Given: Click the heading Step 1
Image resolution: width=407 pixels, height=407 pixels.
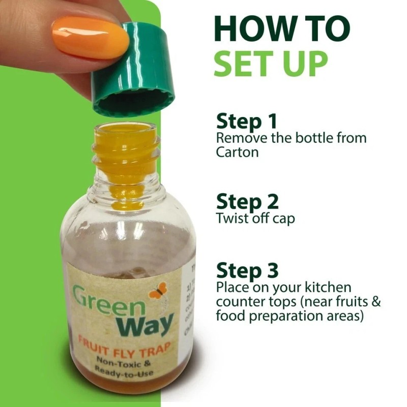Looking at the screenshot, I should tap(247, 122).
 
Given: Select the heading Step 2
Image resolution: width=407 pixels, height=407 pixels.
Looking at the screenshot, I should tap(247, 201).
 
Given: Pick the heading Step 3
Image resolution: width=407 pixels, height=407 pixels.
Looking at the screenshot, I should tap(247, 270).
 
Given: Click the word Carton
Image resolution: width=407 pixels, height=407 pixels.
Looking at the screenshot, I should tap(237, 152).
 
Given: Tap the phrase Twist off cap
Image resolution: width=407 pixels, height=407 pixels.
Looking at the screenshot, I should tap(255, 219).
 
